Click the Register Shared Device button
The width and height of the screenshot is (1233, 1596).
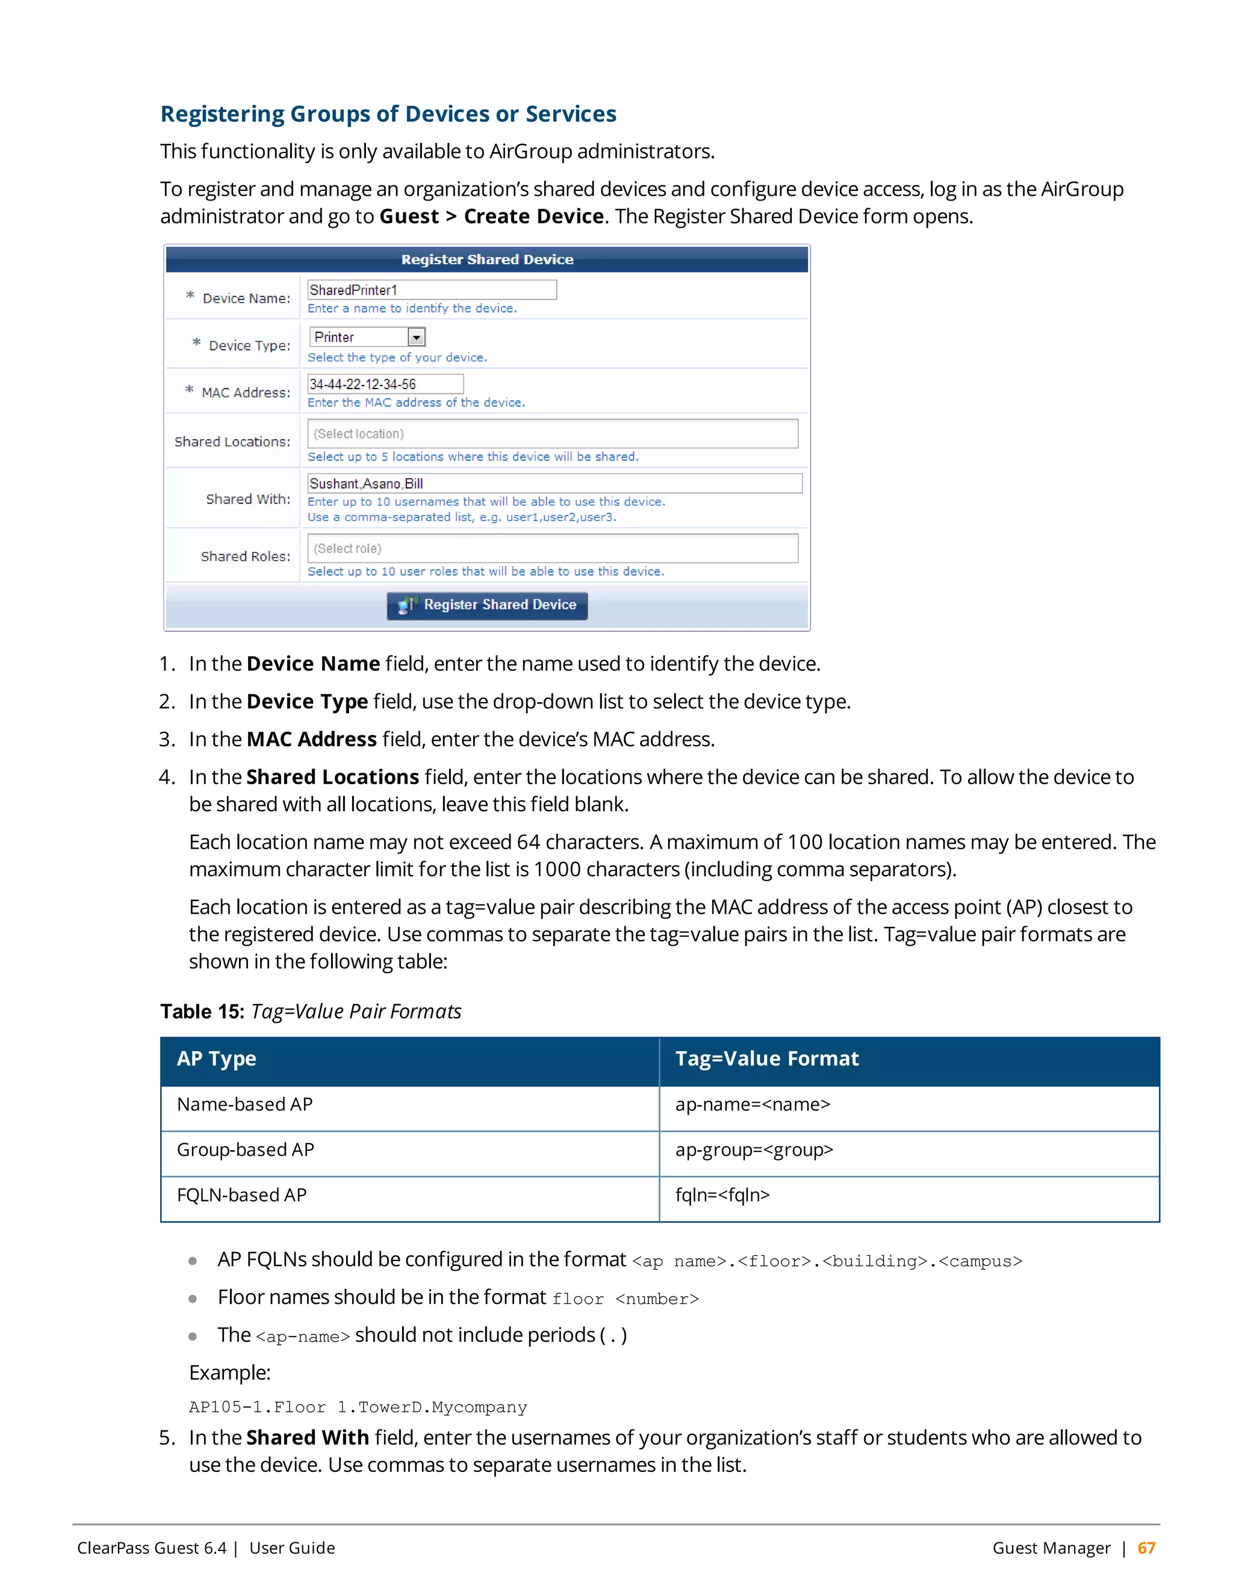tap(487, 605)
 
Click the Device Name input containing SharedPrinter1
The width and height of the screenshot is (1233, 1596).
tap(431, 290)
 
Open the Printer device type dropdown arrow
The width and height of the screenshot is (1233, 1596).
tap(417, 338)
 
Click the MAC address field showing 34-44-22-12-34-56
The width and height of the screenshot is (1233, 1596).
tap(385, 384)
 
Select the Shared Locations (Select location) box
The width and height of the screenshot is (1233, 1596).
tap(552, 434)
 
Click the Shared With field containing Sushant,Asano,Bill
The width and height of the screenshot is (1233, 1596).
tap(554, 484)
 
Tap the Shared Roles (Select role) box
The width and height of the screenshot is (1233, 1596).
tap(552, 549)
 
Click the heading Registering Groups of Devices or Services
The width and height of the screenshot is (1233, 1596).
tap(388, 114)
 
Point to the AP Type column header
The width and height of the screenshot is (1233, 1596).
tap(216, 1059)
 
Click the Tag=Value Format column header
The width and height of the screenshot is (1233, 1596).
tap(766, 1059)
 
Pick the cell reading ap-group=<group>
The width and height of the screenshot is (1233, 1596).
tap(754, 1150)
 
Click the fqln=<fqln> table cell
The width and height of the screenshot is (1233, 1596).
tap(722, 1195)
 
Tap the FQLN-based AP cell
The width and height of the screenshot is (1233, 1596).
tap(242, 1195)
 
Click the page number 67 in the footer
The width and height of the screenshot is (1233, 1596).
tap(1146, 1548)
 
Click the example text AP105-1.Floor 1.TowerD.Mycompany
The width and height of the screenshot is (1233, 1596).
tap(358, 1407)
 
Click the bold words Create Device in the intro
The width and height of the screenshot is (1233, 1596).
tap(533, 217)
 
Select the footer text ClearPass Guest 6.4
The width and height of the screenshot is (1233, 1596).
tap(152, 1548)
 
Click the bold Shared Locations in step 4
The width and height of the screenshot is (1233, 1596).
tap(332, 778)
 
